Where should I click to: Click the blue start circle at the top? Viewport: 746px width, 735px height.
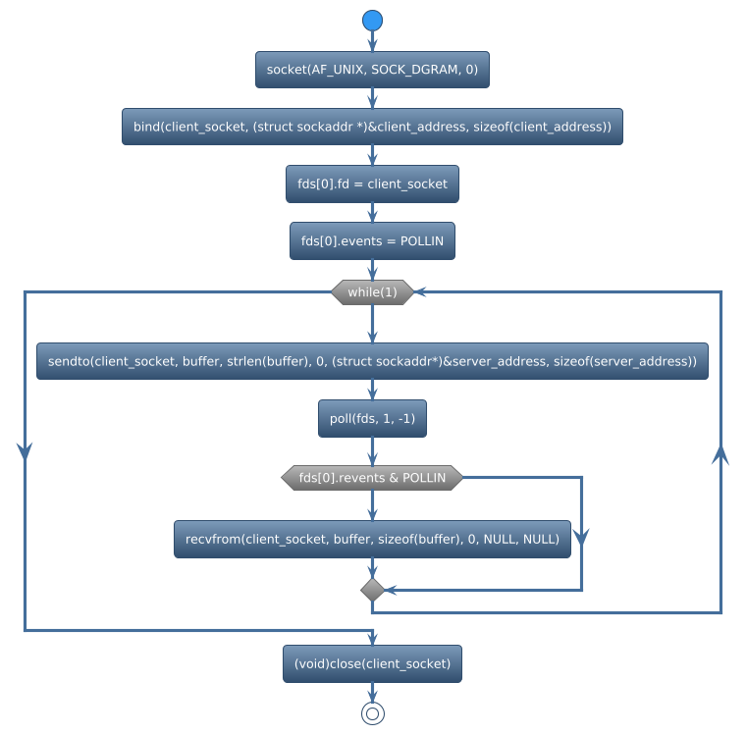point(372,21)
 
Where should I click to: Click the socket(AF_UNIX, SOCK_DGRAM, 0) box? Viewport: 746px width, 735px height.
point(372,70)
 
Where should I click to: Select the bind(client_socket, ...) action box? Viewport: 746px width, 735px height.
point(372,127)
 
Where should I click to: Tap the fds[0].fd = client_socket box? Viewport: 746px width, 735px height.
point(372,184)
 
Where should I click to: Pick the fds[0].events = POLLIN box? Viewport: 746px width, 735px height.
point(372,240)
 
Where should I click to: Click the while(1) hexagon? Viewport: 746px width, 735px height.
point(372,292)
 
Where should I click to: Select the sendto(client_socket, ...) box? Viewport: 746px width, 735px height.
point(372,361)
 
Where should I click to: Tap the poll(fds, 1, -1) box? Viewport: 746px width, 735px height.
point(372,418)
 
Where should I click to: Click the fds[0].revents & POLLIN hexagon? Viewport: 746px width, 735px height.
point(372,478)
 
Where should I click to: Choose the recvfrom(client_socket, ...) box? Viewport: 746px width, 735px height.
point(372,539)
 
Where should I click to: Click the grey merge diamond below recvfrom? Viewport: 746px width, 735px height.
point(372,590)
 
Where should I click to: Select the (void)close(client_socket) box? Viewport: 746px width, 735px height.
point(372,663)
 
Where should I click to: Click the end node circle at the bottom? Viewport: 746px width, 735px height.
point(372,713)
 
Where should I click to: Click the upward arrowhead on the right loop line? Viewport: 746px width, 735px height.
point(721,453)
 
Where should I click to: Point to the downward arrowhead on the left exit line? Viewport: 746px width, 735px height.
point(25,449)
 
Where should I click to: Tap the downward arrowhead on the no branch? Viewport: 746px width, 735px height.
point(581,536)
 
